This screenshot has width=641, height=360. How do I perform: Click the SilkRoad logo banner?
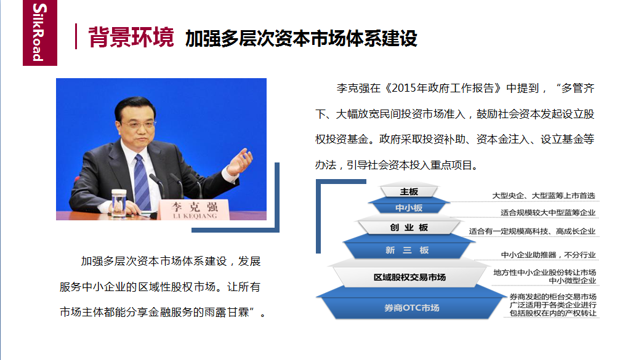click(x=39, y=33)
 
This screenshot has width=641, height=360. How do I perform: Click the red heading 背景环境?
click(x=131, y=37)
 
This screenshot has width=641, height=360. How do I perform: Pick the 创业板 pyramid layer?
click(x=409, y=227)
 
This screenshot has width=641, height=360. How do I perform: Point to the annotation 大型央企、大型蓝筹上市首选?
click(x=543, y=196)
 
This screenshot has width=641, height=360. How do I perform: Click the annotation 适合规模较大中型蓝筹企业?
click(x=548, y=212)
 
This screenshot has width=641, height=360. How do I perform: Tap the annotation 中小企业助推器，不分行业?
click(x=548, y=255)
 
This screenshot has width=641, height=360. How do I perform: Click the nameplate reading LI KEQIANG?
click(x=195, y=210)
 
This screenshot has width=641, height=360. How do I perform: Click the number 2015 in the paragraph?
click(x=405, y=88)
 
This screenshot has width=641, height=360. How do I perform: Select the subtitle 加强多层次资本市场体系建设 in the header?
click(x=301, y=38)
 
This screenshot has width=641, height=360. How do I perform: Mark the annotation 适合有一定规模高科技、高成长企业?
click(x=532, y=231)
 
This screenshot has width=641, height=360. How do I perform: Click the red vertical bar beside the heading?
click(x=76, y=36)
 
